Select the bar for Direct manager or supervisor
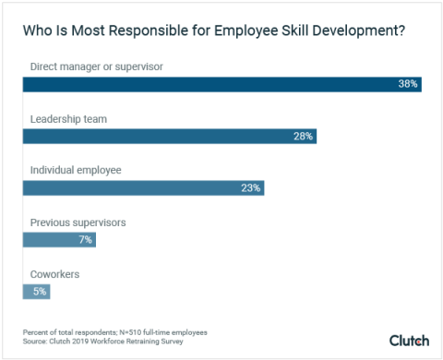(x=221, y=84)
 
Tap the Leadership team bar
(x=170, y=136)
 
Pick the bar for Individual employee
(x=143, y=187)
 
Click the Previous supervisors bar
(x=59, y=239)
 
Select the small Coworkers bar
(x=36, y=291)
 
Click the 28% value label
(x=304, y=136)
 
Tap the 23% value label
(x=251, y=187)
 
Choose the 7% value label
(x=85, y=239)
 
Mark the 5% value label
(x=40, y=291)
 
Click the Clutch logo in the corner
(x=409, y=340)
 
